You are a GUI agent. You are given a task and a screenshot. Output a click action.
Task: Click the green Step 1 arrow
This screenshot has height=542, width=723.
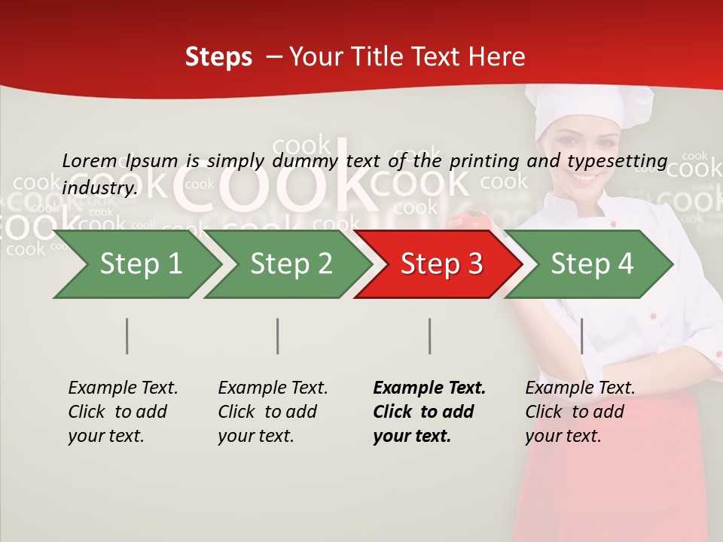coord(139,264)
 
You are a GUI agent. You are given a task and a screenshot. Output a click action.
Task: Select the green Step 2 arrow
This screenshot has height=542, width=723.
coord(290,264)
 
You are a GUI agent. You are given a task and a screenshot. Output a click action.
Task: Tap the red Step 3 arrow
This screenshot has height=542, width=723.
coord(441,264)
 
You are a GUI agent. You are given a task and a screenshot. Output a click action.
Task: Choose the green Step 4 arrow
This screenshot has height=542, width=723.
coord(591,264)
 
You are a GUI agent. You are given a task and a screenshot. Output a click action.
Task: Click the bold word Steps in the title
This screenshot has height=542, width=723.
coord(218,57)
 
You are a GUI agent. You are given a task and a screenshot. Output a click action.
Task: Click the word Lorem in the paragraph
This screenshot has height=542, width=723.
coord(89,160)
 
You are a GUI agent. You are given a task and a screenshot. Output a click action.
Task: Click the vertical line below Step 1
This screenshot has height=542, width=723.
coord(127,336)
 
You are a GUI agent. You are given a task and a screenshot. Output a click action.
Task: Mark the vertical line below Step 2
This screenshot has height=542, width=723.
coord(278,336)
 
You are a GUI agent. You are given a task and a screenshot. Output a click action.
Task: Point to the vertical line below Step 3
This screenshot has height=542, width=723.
coord(430,336)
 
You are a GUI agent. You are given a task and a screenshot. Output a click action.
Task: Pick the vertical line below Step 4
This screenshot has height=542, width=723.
coord(582,336)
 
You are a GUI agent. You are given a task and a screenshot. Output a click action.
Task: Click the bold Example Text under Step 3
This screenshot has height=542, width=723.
coord(429,388)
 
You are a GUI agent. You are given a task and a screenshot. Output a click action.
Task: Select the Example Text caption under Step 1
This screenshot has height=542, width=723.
coord(123,388)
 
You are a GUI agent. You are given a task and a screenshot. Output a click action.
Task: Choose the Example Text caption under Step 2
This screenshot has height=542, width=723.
coord(273,388)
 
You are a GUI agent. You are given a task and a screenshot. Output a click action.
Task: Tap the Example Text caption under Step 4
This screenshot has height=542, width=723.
coord(580,388)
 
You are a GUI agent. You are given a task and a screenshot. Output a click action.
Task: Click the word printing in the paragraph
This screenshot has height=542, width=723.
coord(484,160)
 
